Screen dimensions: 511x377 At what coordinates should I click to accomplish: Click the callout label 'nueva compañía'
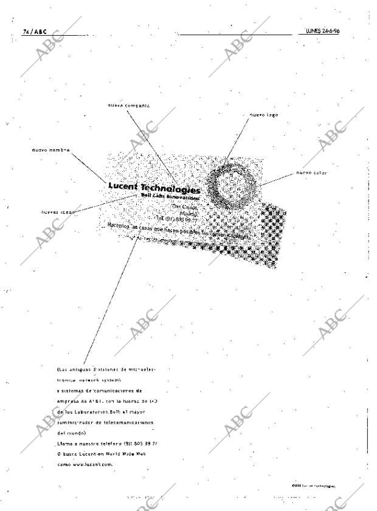click(128, 106)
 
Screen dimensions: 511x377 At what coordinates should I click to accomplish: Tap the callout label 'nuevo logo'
click(264, 114)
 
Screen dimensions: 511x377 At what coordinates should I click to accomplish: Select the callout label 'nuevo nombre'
click(51, 149)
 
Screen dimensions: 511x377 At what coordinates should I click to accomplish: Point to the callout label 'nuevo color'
click(311, 172)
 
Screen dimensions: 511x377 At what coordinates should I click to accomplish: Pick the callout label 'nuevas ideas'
click(57, 212)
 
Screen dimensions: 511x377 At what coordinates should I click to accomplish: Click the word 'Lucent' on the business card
click(126, 186)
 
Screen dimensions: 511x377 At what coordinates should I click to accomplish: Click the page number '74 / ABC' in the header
click(34, 31)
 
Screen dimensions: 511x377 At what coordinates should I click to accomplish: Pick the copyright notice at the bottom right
click(313, 486)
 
